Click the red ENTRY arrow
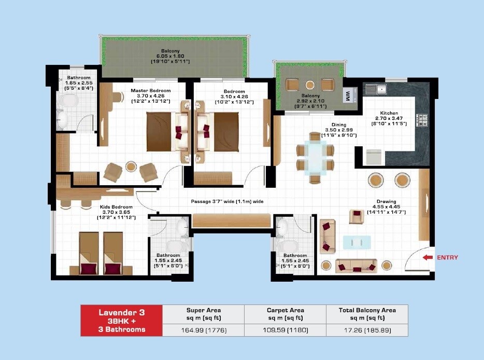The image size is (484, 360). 428,257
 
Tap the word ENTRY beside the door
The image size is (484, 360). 448,257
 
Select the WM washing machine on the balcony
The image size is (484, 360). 348,96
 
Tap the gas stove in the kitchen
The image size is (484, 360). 422,120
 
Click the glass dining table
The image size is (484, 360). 315,158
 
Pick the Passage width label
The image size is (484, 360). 227,201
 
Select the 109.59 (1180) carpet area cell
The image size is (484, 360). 284,329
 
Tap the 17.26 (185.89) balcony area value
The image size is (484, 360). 367,329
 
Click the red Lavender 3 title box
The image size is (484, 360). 122,320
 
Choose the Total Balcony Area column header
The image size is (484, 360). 367,313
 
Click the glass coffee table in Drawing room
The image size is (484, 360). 357,242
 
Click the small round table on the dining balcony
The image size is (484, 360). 310,85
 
